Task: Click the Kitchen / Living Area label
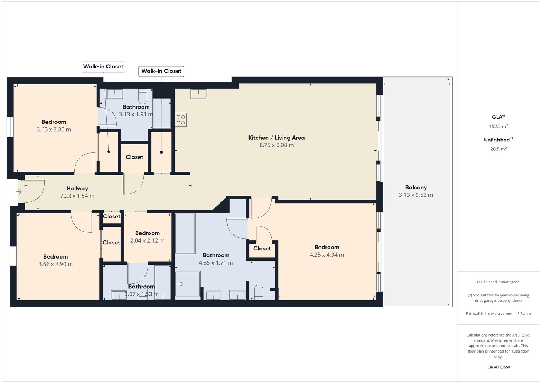coord(276,138)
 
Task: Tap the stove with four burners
coord(181,120)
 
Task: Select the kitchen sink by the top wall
coord(198,94)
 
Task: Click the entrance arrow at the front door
coord(19,192)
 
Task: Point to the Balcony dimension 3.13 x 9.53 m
coord(416,195)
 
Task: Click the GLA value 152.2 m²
coord(498,126)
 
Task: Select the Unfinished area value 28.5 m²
coord(498,149)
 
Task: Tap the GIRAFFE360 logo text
coord(498,367)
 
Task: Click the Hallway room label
coord(77,188)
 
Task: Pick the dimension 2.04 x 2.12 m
coord(147,240)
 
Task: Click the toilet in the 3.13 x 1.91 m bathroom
coord(143,96)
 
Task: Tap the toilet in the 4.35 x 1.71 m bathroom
coord(259,292)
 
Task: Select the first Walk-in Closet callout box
coord(103,67)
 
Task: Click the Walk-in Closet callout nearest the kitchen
coord(161,71)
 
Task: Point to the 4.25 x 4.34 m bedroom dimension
coord(327,255)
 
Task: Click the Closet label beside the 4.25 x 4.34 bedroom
coord(262,248)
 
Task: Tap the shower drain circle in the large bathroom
coord(181,284)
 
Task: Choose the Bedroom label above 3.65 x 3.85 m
coord(54,122)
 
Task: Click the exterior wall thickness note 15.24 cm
coord(498,313)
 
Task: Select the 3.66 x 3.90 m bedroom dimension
coord(55,264)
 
